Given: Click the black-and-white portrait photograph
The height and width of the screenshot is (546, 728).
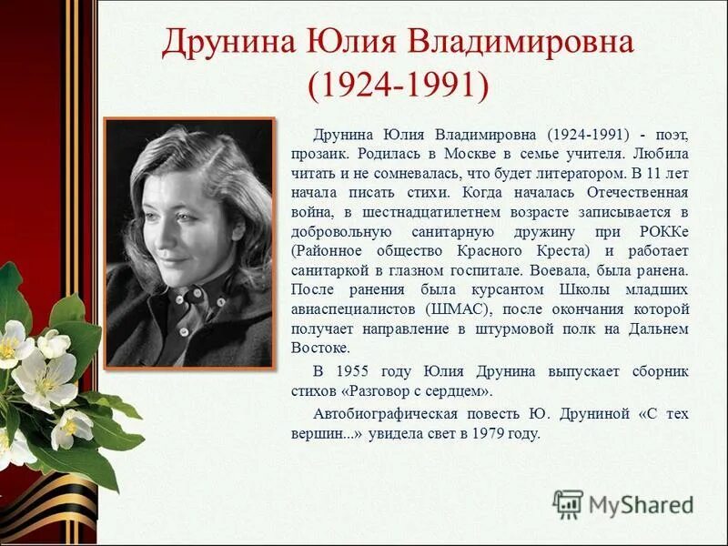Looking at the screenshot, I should tap(189, 243).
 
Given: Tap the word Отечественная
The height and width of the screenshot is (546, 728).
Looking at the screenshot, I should tap(634, 191).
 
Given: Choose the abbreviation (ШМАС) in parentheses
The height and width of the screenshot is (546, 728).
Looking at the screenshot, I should tap(454, 309).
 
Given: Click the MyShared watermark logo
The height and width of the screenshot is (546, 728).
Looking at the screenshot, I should tap(622, 503).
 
